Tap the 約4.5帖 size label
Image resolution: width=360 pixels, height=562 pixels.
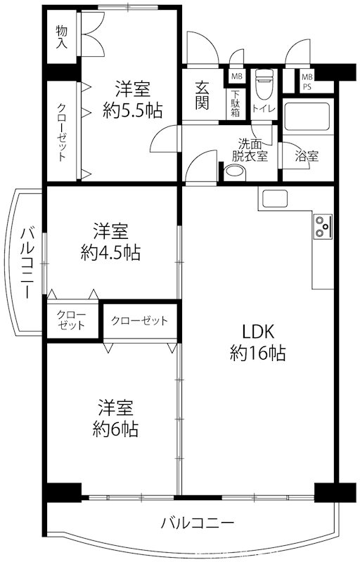coord(110,253)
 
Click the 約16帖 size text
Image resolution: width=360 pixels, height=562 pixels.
coord(257,354)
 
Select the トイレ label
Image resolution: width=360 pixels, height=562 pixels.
coord(264,108)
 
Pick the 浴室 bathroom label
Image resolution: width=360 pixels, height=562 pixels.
coord(307,156)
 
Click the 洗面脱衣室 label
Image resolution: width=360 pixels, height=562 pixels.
coord(252,150)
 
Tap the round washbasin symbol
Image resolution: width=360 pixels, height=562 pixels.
coord(234,172)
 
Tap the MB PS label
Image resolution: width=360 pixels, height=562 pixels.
coord(307,81)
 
